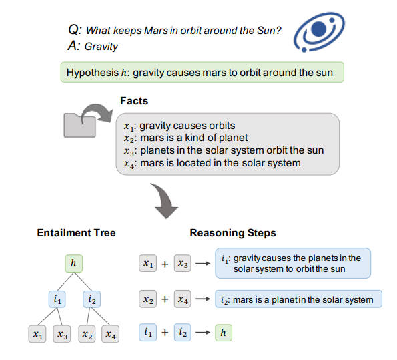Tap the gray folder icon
[x=79, y=126]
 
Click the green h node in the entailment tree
[x=73, y=263]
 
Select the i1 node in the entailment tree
[x=57, y=299]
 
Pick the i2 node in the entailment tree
[x=91, y=299]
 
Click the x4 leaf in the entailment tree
[x=110, y=334]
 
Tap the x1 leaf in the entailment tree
[x=37, y=334]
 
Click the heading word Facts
[x=134, y=101]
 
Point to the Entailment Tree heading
[x=76, y=233]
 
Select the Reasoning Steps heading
[x=233, y=233]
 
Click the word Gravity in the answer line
[x=101, y=46]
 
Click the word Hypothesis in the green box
[x=93, y=73]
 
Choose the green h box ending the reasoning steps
[x=224, y=333]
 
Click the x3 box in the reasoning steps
[x=183, y=263]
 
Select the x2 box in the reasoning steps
[x=148, y=299]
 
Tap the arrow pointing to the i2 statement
[x=203, y=299]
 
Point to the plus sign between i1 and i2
[x=165, y=333]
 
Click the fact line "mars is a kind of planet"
[x=186, y=138]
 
